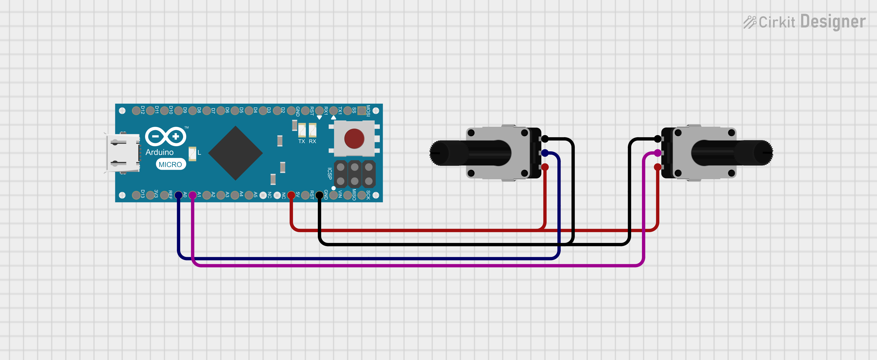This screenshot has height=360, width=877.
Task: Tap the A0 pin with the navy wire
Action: [x=178, y=195]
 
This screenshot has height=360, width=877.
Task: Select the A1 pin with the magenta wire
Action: [x=192, y=195]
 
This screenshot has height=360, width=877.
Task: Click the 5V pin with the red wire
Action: [x=291, y=195]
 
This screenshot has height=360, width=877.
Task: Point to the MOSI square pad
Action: [x=362, y=110]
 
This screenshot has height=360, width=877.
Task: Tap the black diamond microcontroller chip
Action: [x=235, y=153]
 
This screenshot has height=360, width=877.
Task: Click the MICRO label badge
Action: [x=171, y=164]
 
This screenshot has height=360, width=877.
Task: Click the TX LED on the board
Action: [x=302, y=130]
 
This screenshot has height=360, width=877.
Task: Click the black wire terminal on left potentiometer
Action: [x=545, y=139]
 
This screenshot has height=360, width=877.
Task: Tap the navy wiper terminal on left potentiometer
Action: [x=545, y=153]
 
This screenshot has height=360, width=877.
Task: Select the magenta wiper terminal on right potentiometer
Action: [x=658, y=153]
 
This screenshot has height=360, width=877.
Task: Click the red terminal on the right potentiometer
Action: [x=658, y=167]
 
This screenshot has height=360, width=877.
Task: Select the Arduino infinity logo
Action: [x=166, y=136]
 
